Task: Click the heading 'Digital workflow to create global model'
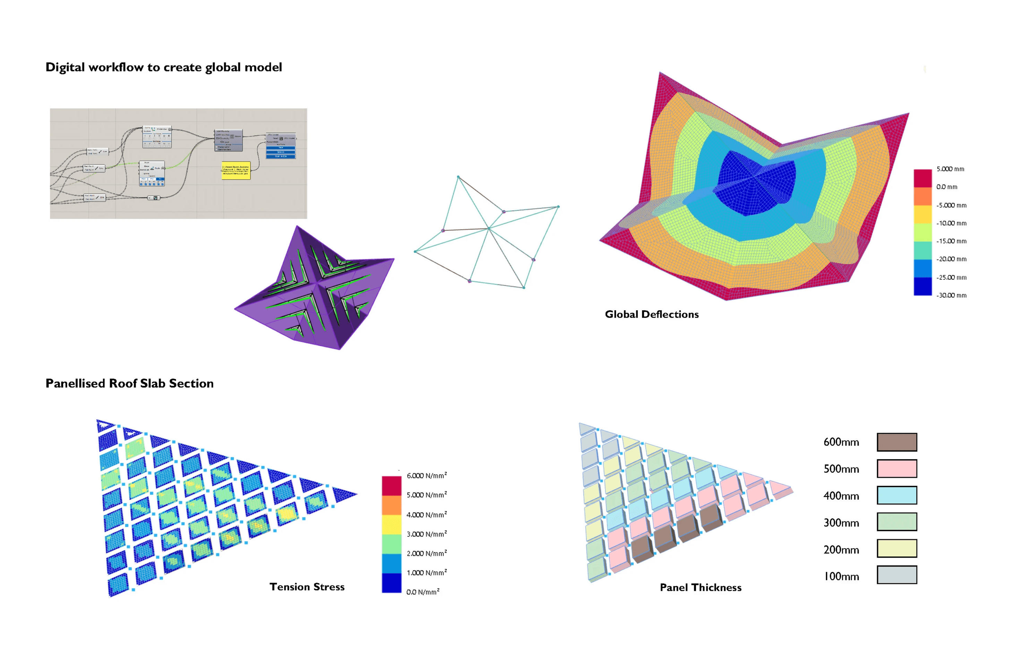point(163,67)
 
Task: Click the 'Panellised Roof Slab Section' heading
point(129,384)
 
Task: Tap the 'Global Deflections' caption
point(652,315)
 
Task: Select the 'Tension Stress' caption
point(307,587)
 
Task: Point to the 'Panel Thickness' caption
point(700,587)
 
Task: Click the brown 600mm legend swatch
point(896,442)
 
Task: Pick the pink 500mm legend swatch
point(896,469)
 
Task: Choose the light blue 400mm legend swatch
point(896,495)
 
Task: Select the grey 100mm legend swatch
point(896,575)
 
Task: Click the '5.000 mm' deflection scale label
point(950,169)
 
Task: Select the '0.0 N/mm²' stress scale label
point(423,592)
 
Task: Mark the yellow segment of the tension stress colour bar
point(391,524)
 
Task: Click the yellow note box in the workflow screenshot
point(236,171)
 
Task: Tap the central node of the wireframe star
point(488,229)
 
